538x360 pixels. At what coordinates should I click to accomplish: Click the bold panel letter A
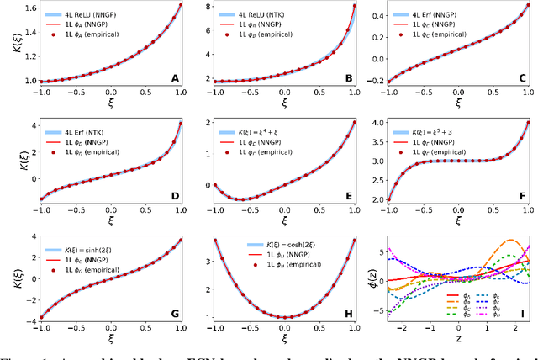point(175,79)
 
